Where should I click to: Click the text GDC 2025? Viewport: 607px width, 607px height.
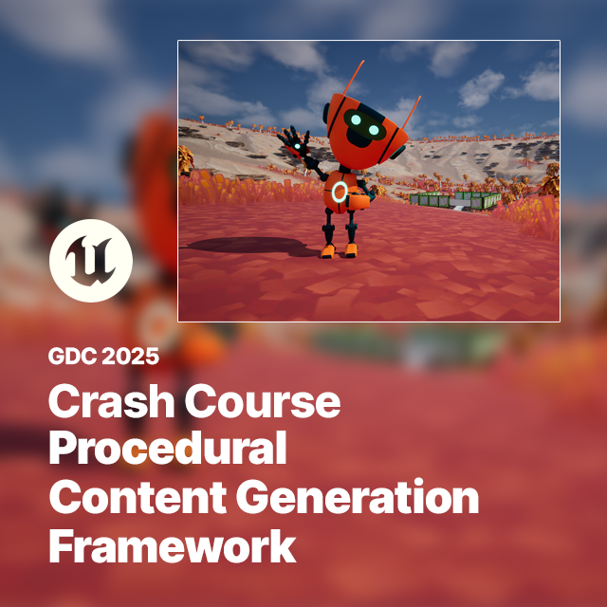click(103, 358)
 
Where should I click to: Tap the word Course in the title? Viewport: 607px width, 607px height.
click(263, 403)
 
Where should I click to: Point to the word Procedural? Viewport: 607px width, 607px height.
click(167, 449)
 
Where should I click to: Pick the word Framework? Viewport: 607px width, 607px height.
click(172, 547)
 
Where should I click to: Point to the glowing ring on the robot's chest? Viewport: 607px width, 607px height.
click(340, 193)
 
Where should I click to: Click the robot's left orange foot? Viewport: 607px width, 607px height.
click(328, 251)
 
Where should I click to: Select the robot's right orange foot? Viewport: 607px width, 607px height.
click(350, 250)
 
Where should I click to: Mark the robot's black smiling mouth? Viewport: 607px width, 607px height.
click(359, 140)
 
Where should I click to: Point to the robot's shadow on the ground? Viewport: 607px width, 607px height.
click(242, 245)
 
